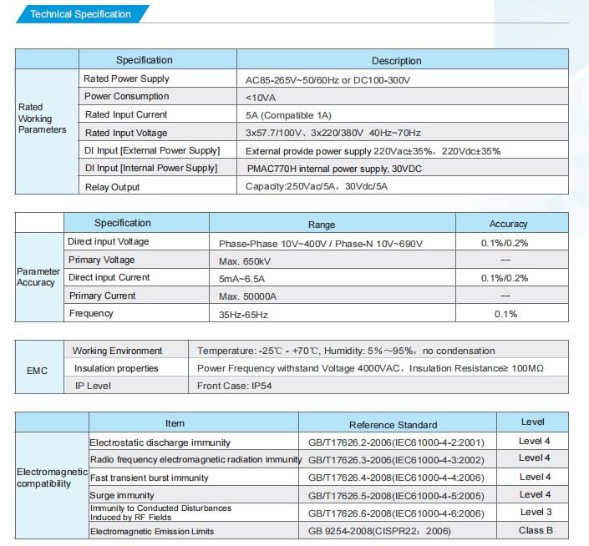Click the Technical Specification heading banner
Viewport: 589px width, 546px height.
(x=82, y=14)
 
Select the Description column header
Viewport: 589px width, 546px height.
(x=396, y=61)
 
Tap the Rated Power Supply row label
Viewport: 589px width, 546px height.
(x=126, y=78)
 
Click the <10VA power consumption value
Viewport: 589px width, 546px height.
(x=261, y=98)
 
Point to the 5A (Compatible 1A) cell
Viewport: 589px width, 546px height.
(x=288, y=115)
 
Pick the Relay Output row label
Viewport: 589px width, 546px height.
(x=112, y=187)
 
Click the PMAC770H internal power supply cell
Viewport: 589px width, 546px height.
(x=334, y=169)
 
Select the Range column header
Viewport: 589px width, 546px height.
(x=322, y=225)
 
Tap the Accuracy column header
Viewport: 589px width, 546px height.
(x=508, y=224)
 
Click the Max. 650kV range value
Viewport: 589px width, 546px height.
(x=245, y=261)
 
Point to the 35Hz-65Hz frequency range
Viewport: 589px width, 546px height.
(x=243, y=315)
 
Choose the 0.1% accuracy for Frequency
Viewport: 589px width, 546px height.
(x=505, y=314)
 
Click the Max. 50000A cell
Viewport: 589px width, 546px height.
(x=247, y=296)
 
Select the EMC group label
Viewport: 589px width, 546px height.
(x=37, y=371)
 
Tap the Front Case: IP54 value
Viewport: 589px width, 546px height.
(x=235, y=386)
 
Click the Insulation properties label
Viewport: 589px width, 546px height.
(x=116, y=368)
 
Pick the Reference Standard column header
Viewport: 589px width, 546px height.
(x=393, y=425)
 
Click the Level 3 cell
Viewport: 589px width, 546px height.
(x=536, y=512)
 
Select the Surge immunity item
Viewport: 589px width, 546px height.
(x=122, y=495)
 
